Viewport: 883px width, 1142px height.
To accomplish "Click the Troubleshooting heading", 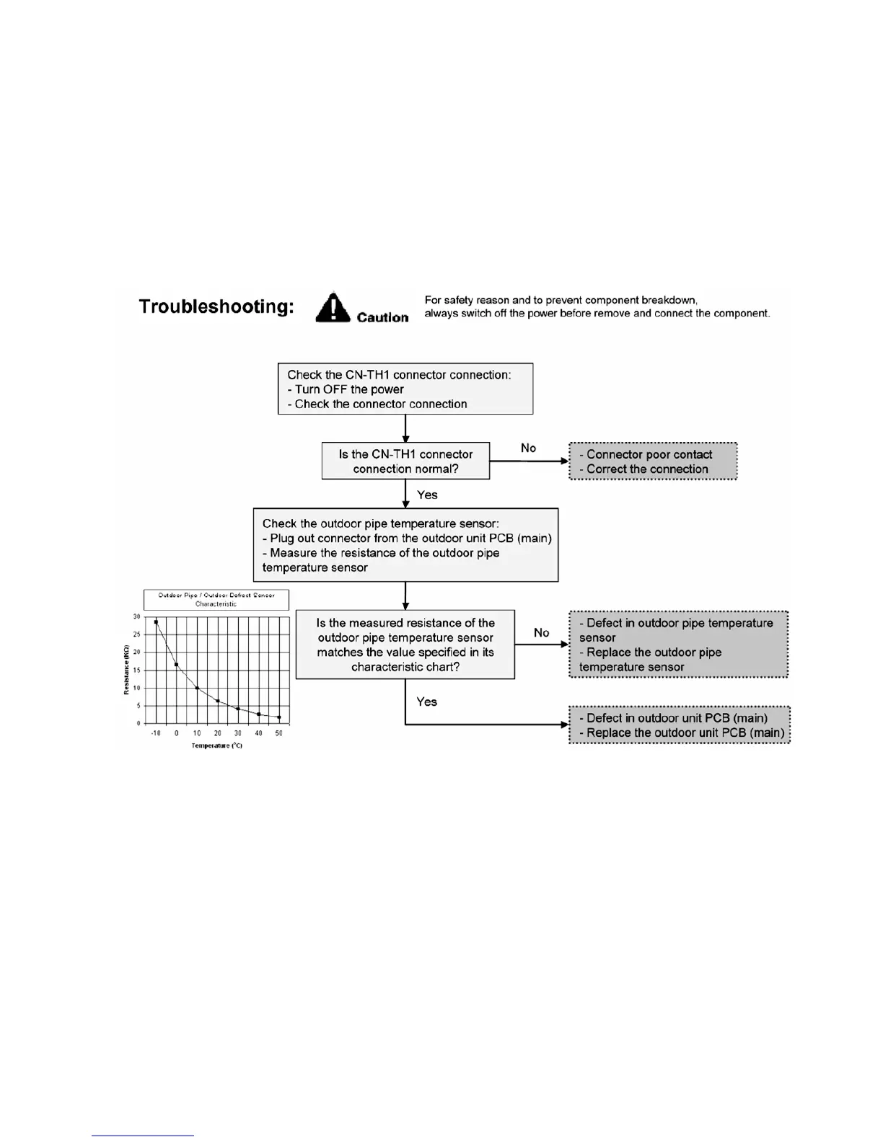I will [216, 307].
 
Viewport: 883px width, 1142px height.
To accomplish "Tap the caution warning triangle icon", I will [333, 308].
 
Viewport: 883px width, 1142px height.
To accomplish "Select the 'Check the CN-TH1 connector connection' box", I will [405, 389].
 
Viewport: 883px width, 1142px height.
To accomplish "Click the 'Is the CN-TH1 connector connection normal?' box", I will [405, 461].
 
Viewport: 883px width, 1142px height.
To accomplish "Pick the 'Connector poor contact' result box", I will [653, 461].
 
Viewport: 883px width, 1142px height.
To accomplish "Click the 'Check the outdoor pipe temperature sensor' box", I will [405, 545].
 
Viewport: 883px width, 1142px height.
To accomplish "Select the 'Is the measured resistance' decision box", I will [405, 645].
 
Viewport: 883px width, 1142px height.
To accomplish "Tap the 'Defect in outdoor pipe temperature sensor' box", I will [678, 645].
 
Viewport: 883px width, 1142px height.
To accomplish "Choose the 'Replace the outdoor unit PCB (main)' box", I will [680, 725].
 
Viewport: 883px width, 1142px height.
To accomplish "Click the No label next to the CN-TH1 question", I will [529, 448].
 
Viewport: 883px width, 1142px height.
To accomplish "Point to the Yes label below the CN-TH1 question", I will [427, 495].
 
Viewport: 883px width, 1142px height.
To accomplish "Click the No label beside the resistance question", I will [542, 633].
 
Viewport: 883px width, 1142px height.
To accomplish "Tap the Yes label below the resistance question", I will [427, 701].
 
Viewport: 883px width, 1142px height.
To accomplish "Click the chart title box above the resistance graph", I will [216, 600].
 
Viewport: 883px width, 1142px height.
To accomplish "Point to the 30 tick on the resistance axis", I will [136, 617].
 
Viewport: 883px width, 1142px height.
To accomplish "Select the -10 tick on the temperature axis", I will [156, 733].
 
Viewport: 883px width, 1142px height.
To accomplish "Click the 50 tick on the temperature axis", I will [279, 733].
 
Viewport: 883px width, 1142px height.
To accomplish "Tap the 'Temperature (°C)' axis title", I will [217, 745].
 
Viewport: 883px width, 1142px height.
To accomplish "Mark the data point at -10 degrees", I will [156, 621].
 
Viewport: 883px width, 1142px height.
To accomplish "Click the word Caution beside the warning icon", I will [382, 317].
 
